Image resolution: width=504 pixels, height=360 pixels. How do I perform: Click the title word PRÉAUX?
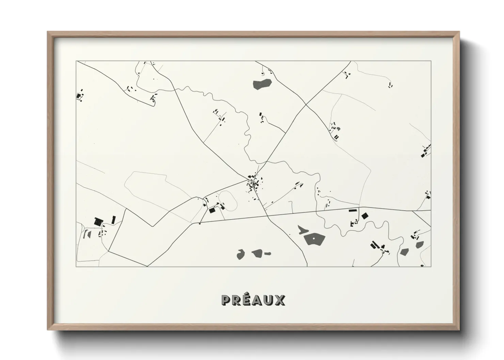click(253, 300)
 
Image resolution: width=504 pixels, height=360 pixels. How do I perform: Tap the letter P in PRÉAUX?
click(225, 300)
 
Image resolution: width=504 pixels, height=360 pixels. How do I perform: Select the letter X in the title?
click(280, 300)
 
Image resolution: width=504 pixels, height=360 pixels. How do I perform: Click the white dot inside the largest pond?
click(314, 239)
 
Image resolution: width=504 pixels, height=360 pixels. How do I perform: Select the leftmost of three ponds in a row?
click(241, 254)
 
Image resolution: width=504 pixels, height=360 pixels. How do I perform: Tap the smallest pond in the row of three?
click(268, 253)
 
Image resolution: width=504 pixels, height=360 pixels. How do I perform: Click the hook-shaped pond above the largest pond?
click(302, 230)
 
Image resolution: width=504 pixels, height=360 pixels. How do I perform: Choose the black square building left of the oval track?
click(212, 211)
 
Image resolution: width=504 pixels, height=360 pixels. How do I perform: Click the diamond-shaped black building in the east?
click(365, 216)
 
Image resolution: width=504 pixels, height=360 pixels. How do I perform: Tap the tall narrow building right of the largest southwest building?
click(114, 220)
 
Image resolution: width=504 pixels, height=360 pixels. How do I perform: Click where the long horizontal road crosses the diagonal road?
click(266, 216)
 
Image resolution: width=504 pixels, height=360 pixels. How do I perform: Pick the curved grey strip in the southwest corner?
click(87, 233)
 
